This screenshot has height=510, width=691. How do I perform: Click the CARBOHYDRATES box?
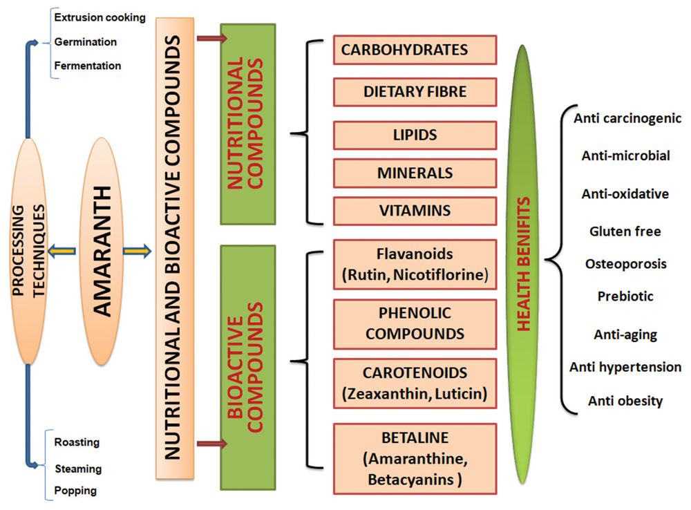point(415,50)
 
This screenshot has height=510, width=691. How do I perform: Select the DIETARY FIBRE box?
point(415,91)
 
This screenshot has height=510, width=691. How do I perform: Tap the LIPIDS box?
point(415,135)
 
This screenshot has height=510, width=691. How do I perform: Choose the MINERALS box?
point(415,173)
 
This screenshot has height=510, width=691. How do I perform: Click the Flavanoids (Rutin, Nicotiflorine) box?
point(415,265)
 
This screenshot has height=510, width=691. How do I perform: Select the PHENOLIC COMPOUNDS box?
point(415,324)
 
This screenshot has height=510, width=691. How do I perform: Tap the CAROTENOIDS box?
point(415,383)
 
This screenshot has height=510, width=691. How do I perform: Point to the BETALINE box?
point(415,459)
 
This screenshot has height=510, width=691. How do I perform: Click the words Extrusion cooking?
point(100,17)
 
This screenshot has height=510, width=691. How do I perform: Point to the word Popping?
point(75,491)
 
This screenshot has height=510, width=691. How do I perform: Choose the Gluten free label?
point(625,231)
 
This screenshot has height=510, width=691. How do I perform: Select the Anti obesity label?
point(625,400)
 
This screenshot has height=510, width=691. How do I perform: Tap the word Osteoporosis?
point(625,264)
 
